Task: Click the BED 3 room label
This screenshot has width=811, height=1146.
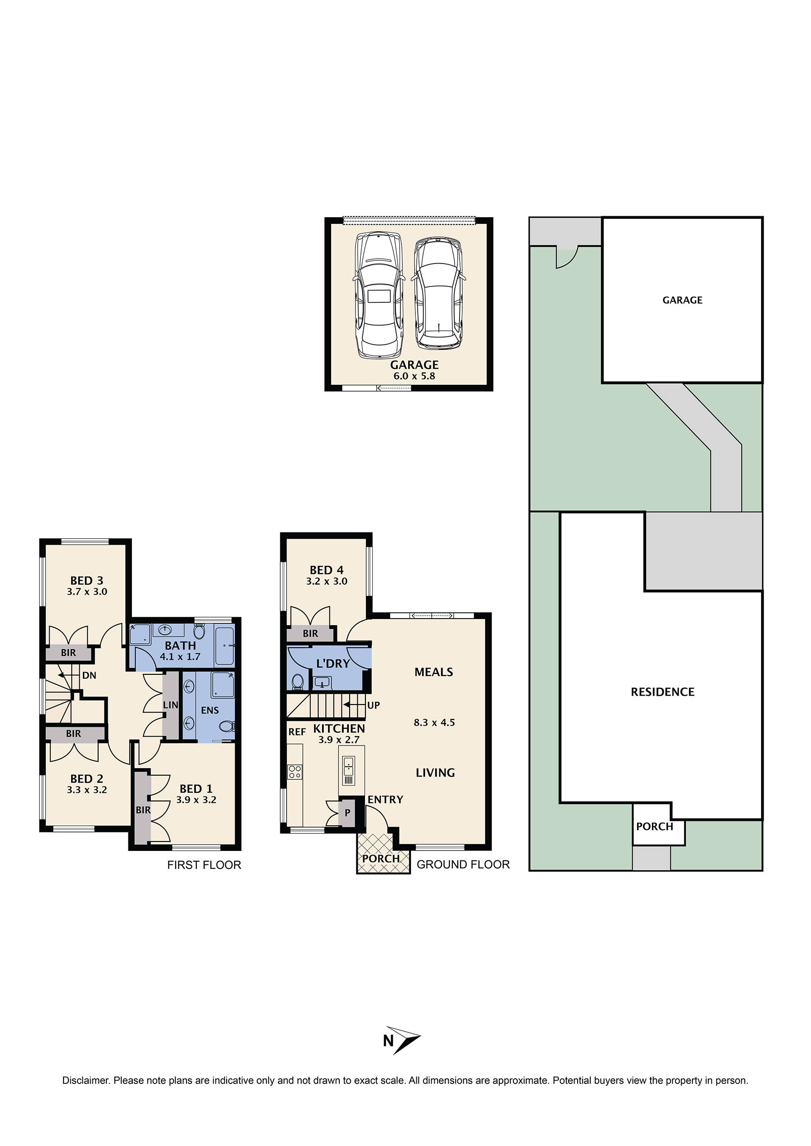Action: click(87, 580)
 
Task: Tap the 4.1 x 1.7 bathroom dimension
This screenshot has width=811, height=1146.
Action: click(180, 657)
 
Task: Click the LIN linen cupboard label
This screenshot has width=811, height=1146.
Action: click(170, 705)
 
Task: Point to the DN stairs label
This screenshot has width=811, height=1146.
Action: click(89, 676)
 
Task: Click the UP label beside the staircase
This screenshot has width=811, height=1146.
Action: click(374, 705)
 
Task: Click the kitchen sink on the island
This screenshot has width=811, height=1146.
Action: click(349, 767)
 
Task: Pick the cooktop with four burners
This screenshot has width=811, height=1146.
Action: click(295, 772)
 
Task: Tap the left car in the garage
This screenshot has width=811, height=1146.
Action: click(379, 295)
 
